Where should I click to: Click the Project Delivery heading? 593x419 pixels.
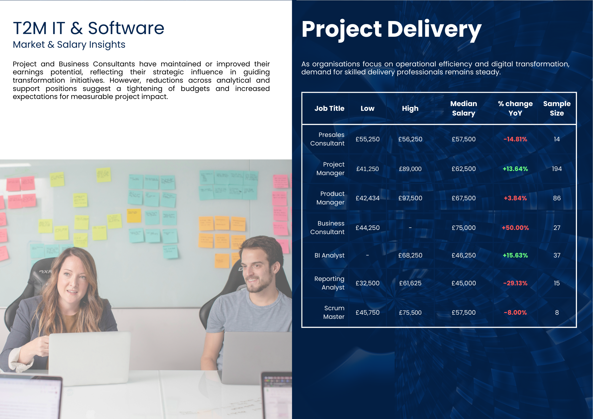(x=391, y=30)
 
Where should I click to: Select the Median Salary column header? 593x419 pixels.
(x=463, y=108)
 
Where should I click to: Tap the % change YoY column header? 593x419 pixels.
(x=515, y=108)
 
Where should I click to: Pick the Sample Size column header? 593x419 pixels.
(x=557, y=108)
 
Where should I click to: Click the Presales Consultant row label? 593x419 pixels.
(x=327, y=139)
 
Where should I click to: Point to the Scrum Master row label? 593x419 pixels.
(x=334, y=312)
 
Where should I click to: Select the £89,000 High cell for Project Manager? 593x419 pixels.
(x=410, y=169)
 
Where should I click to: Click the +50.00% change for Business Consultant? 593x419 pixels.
(x=515, y=228)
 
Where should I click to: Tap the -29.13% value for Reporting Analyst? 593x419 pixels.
(x=515, y=283)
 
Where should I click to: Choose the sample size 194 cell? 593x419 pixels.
(x=557, y=169)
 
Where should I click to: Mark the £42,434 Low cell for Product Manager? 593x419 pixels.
(x=367, y=198)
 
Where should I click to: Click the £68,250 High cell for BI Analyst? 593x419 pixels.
(x=410, y=255)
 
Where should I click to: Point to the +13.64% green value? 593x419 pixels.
(x=515, y=169)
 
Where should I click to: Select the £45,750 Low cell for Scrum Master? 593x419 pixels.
(x=367, y=313)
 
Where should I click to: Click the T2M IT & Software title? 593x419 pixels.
(x=88, y=28)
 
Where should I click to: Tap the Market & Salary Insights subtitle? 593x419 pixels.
(x=69, y=44)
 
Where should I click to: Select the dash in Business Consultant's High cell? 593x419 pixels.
(x=410, y=228)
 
